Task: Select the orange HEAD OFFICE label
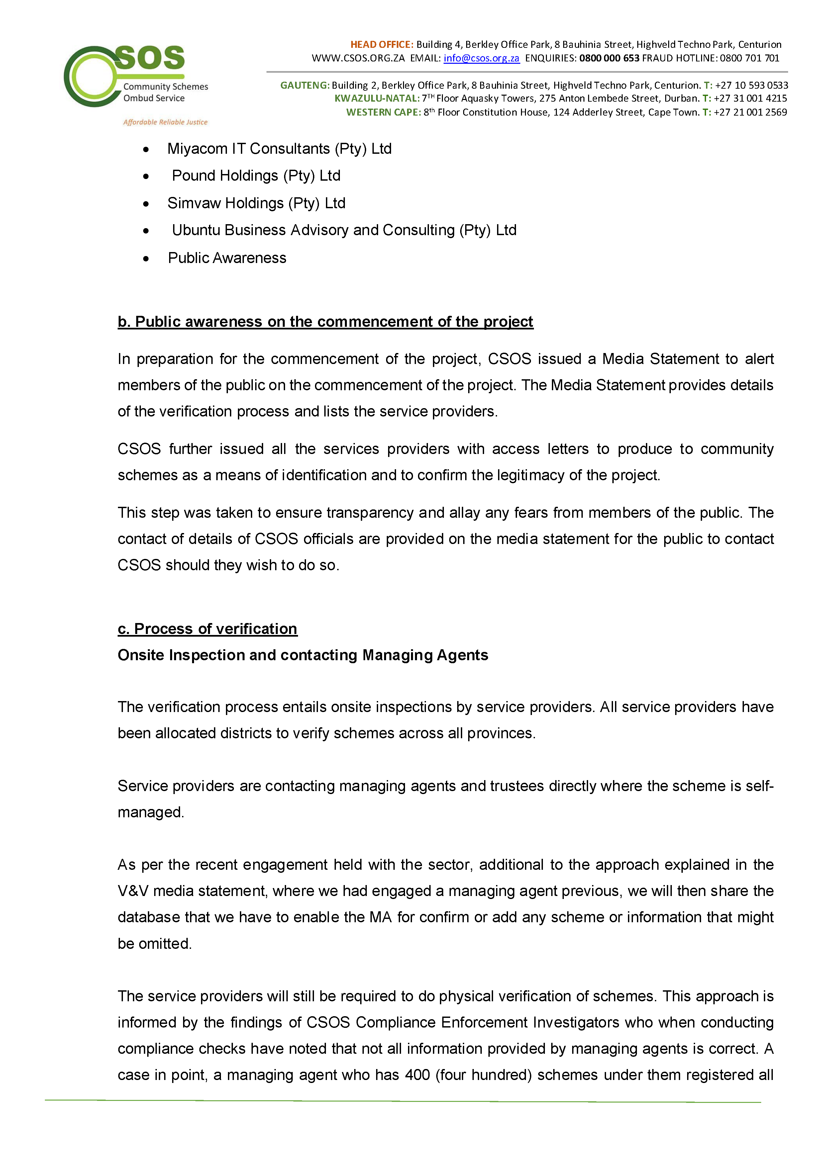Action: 381,45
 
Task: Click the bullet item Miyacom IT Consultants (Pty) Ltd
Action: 279,149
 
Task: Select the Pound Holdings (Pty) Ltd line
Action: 256,176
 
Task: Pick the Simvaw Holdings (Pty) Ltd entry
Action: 256,203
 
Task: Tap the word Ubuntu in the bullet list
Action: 196,230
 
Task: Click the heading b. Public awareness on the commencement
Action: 325,322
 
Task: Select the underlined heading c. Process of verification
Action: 207,629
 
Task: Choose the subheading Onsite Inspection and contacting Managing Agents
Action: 303,655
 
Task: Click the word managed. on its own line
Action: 151,813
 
